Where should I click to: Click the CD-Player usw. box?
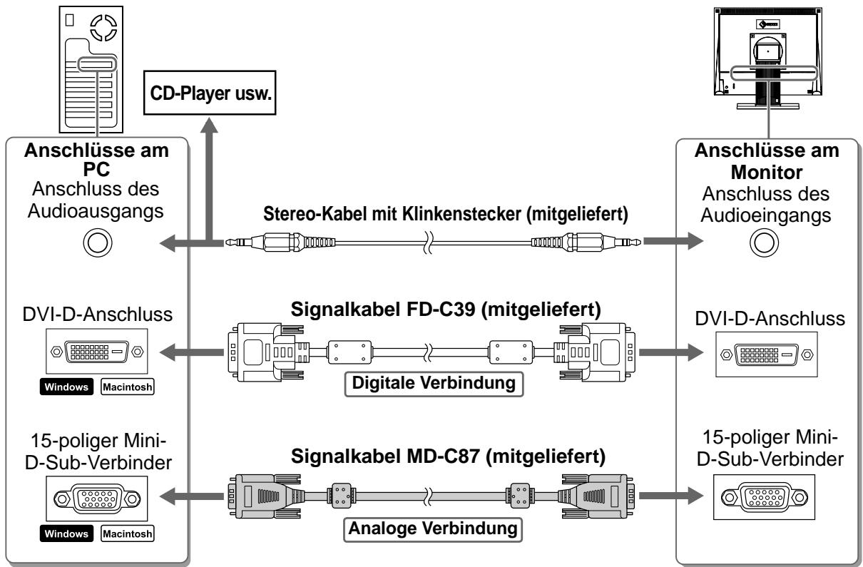pyautogui.click(x=210, y=93)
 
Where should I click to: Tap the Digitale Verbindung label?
pyautogui.click(x=434, y=384)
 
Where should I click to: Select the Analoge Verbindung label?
pyautogui.click(x=433, y=529)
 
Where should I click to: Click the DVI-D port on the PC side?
pyautogui.click(x=97, y=352)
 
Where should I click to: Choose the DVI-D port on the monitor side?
pyautogui.click(x=766, y=354)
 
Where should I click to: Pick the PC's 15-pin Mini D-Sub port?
pyautogui.click(x=97, y=499)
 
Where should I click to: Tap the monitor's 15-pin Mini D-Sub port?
pyautogui.click(x=765, y=497)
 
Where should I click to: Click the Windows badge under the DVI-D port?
pyautogui.click(x=66, y=387)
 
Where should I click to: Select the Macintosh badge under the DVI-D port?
pyautogui.click(x=128, y=387)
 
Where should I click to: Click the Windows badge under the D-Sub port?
pyautogui.click(x=66, y=533)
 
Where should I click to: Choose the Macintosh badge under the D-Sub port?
pyautogui.click(x=128, y=533)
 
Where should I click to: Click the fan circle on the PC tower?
pyautogui.click(x=103, y=27)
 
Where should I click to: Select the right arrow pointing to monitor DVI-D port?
pyautogui.click(x=671, y=352)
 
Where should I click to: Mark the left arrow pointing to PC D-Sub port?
pyautogui.click(x=191, y=496)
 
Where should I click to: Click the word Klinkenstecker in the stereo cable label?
pyautogui.click(x=461, y=214)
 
